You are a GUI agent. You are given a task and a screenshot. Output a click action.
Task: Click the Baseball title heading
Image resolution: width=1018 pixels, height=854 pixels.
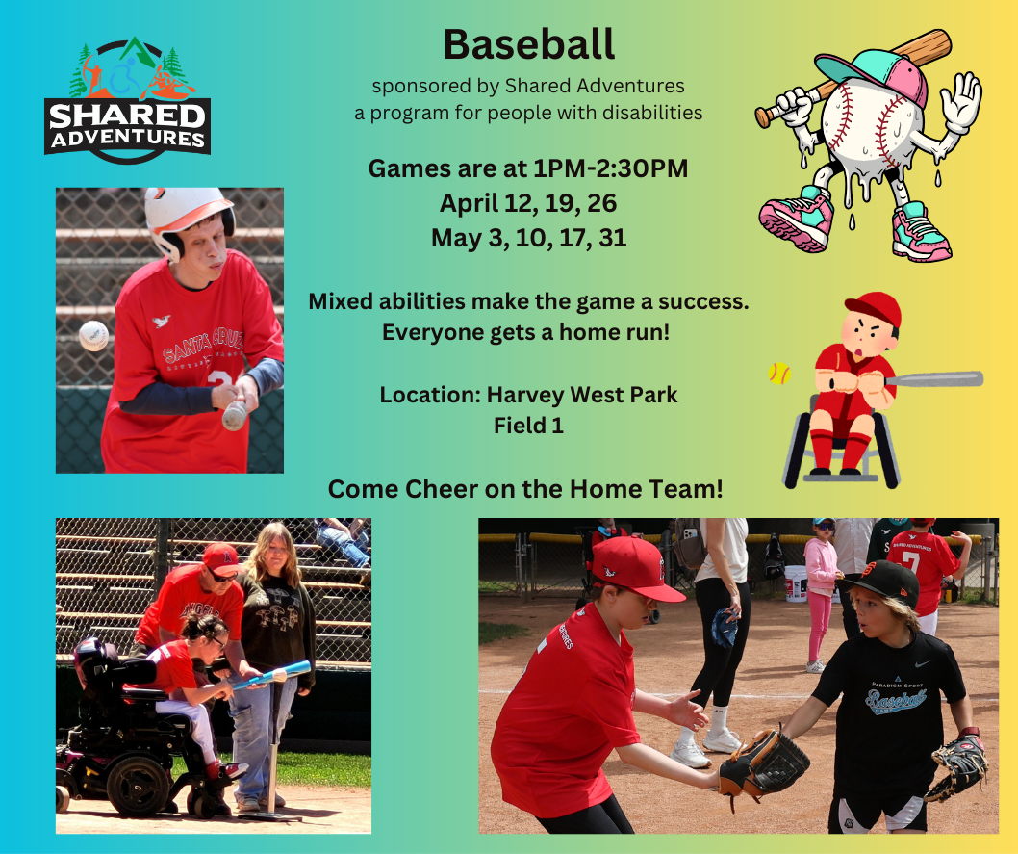(x=528, y=43)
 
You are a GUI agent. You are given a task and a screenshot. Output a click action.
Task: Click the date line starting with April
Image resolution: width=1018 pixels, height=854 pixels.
(x=528, y=203)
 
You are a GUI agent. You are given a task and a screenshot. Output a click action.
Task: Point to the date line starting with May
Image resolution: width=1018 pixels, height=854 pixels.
(x=528, y=237)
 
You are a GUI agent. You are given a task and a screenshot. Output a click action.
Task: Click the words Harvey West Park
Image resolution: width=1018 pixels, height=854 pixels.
(x=582, y=394)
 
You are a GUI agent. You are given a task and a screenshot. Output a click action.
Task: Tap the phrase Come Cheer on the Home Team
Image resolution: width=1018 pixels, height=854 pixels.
(x=525, y=488)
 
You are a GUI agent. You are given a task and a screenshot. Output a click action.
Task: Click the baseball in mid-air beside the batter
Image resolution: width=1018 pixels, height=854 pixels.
(x=93, y=335)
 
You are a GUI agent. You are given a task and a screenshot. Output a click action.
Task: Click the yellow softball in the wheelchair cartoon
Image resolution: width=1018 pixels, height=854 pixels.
(x=778, y=374)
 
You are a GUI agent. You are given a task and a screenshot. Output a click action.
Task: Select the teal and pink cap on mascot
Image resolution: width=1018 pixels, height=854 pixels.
(x=871, y=72)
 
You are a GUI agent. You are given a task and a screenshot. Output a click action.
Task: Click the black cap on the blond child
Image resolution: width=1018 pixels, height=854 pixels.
(x=880, y=580)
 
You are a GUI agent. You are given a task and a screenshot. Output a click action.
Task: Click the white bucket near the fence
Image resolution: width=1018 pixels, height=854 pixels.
(x=795, y=582)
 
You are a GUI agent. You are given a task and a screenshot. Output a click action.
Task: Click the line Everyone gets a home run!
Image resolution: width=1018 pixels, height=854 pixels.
(x=528, y=332)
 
